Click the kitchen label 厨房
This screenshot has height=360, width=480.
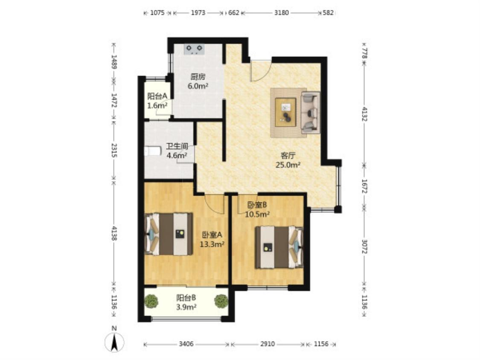click(198, 77)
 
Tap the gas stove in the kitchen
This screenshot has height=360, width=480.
click(194, 49)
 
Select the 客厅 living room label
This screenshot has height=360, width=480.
click(288, 156)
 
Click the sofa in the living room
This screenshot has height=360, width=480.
click(311, 112)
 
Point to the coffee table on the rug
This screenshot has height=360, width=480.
click(285, 112)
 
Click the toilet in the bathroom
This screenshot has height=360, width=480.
click(152, 151)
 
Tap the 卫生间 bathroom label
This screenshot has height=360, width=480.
click(177, 146)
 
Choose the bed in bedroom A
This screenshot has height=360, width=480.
click(169, 234)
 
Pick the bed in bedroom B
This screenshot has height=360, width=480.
click(279, 247)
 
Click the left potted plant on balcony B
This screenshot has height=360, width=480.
click(151, 301)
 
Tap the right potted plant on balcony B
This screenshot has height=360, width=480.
click(221, 301)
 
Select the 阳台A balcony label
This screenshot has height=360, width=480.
click(157, 96)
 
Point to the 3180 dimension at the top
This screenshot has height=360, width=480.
click(281, 13)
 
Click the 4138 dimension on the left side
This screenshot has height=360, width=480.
click(114, 233)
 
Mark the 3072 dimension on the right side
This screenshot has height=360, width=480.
click(364, 247)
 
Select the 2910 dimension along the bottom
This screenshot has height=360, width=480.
click(268, 344)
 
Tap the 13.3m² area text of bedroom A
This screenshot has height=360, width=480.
click(212, 244)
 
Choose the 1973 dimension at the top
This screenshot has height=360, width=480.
click(198, 13)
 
